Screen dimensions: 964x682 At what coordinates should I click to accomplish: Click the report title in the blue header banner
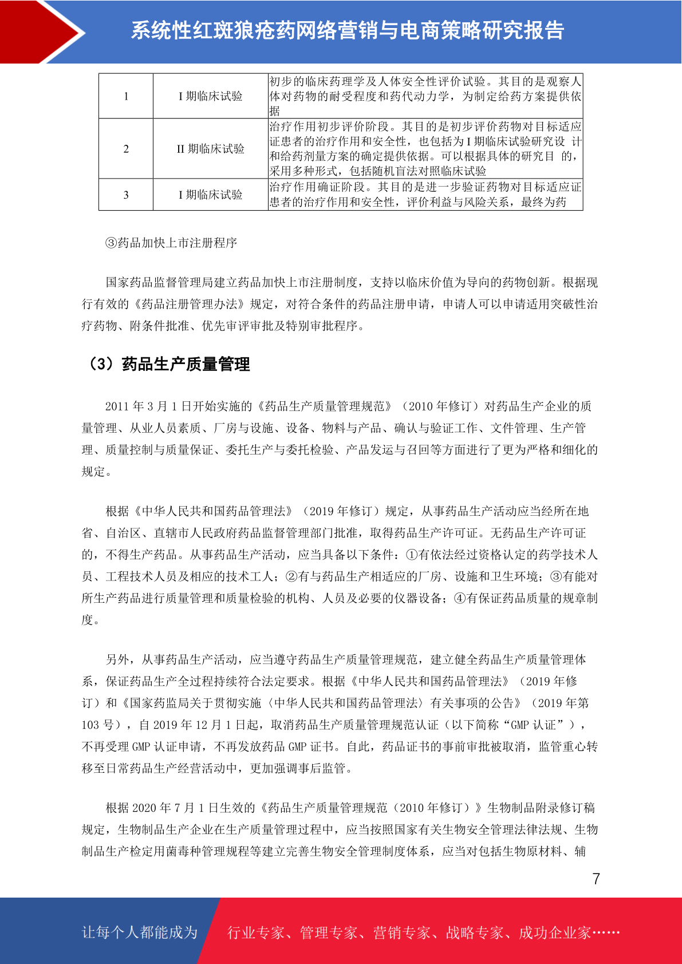click(348, 30)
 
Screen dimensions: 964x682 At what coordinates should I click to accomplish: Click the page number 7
click(596, 879)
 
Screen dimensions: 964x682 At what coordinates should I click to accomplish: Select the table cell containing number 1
click(126, 96)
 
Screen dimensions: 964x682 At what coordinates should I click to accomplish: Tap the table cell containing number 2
click(126, 149)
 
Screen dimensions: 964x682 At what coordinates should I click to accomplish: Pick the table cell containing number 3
click(126, 195)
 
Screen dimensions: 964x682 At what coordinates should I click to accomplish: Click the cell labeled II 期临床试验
click(210, 149)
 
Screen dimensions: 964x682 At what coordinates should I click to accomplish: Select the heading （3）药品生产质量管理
click(168, 364)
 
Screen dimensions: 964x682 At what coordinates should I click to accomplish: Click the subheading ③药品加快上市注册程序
click(171, 243)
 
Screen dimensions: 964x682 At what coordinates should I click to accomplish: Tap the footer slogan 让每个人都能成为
click(140, 932)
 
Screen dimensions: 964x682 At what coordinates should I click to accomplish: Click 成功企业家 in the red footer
click(554, 933)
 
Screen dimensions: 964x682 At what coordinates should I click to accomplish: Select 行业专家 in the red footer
click(256, 933)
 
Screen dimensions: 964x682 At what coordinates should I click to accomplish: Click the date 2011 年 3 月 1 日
click(148, 406)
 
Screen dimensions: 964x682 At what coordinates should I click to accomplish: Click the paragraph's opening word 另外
click(117, 659)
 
